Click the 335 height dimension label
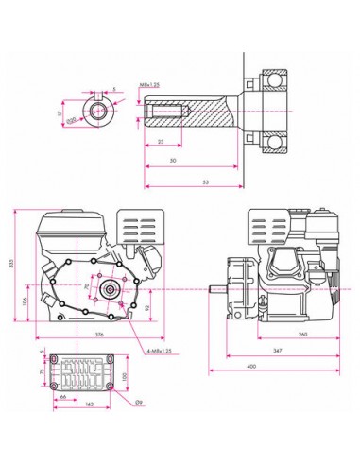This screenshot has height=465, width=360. [11, 267]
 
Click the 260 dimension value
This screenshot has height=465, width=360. [303, 334]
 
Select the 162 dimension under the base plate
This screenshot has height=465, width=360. [88, 405]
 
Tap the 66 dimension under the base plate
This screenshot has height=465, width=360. [62, 397]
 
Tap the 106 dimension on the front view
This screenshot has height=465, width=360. [26, 302]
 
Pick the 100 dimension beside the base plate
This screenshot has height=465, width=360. [124, 379]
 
